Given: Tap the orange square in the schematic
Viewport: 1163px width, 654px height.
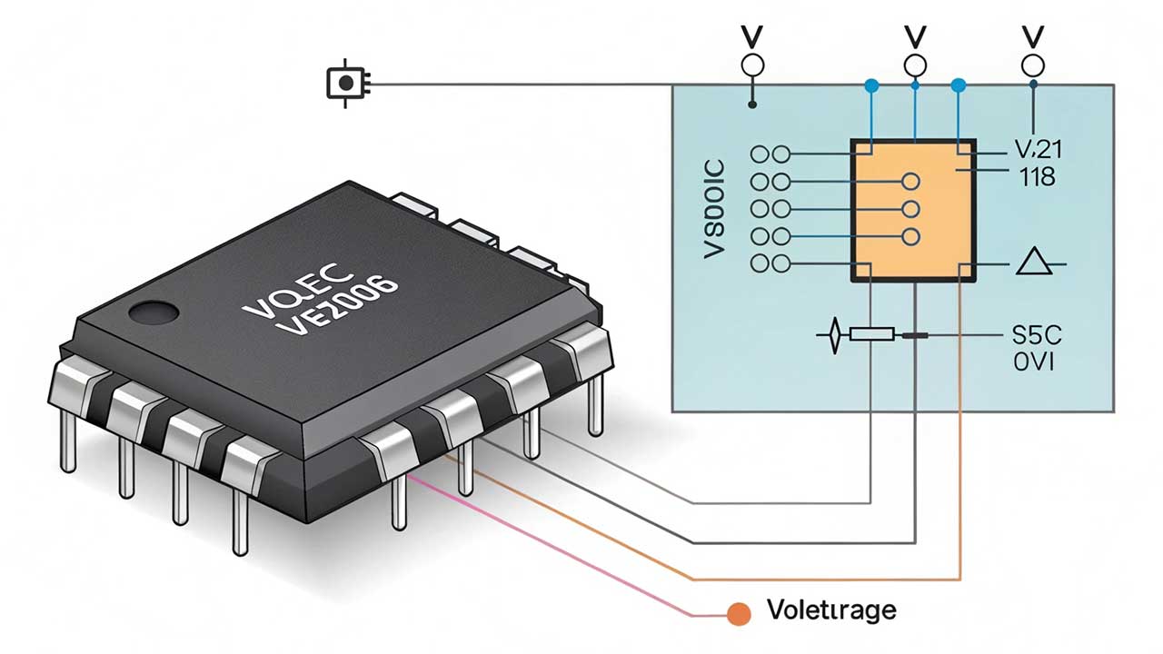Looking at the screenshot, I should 912,209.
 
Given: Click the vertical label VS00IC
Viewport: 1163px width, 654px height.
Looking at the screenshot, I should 715,210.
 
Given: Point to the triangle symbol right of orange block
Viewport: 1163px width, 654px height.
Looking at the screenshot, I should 1033,263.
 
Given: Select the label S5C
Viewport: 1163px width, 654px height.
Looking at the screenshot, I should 1036,335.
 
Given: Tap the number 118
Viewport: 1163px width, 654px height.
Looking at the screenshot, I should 1037,176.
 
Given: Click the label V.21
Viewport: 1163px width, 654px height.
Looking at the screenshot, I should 1037,150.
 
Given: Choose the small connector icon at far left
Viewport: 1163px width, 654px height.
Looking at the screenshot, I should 346,84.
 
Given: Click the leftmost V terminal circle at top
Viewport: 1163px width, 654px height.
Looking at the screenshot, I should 752,65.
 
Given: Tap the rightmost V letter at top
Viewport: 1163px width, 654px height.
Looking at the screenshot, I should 1032,36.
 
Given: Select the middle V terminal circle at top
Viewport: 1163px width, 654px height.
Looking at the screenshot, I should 915,65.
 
